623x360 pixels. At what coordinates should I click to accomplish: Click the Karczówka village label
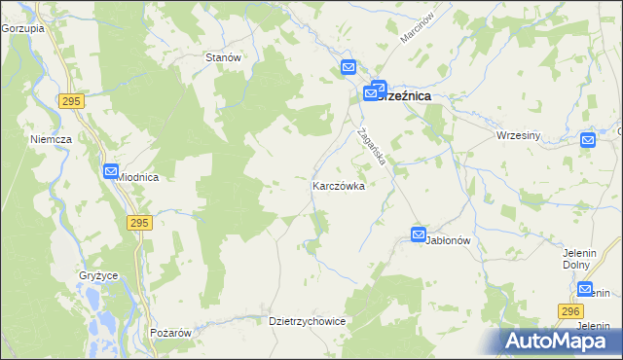click(338, 185)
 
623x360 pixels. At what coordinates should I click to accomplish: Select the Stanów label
click(223, 57)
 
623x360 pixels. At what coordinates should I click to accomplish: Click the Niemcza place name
click(52, 139)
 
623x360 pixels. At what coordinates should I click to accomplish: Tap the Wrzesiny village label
click(518, 135)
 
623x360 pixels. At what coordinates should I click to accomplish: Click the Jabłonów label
click(449, 239)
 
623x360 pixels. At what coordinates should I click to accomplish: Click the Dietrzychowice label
click(307, 320)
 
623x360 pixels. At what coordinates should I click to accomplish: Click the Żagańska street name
click(372, 147)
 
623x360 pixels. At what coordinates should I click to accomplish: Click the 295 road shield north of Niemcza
click(69, 101)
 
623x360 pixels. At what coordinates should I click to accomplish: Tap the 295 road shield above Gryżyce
click(139, 223)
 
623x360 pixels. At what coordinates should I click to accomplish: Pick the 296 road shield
click(570, 310)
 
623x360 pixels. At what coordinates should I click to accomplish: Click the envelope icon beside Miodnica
click(110, 171)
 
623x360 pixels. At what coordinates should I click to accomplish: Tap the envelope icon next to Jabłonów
click(418, 234)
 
